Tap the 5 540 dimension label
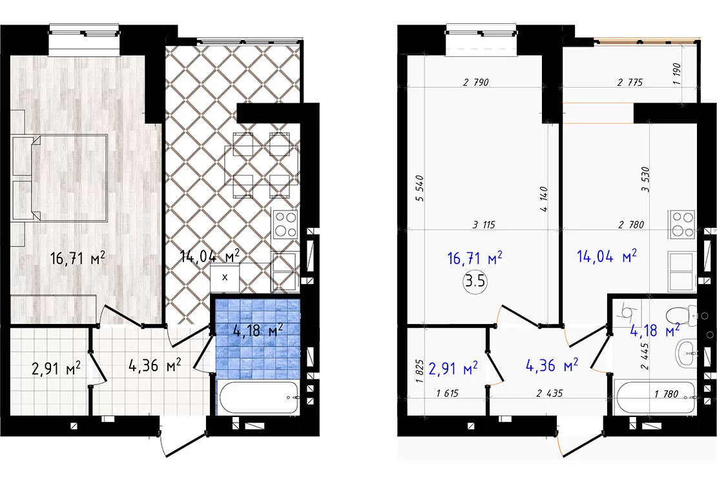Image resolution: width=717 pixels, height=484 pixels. (421, 188)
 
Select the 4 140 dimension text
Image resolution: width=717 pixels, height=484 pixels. (544, 199)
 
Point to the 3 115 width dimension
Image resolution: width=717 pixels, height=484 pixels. (484, 225)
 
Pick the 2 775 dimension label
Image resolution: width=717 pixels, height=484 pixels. (630, 82)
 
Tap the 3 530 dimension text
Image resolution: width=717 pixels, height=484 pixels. (646, 179)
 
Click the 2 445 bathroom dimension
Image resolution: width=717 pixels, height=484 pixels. (645, 356)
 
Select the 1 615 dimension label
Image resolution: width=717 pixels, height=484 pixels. (447, 393)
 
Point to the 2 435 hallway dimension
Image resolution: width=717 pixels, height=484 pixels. (550, 393)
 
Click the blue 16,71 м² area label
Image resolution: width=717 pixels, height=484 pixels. (475, 257)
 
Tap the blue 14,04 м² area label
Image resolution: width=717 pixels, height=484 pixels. (607, 256)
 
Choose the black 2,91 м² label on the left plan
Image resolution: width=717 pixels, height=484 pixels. (56, 367)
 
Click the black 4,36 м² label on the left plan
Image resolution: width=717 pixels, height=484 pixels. (155, 365)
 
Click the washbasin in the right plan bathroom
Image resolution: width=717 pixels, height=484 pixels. (686, 353)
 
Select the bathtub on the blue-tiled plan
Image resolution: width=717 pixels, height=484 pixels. (259, 398)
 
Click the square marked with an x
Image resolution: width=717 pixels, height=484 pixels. (225, 277)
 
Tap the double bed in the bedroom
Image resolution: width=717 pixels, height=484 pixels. (59, 177)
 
